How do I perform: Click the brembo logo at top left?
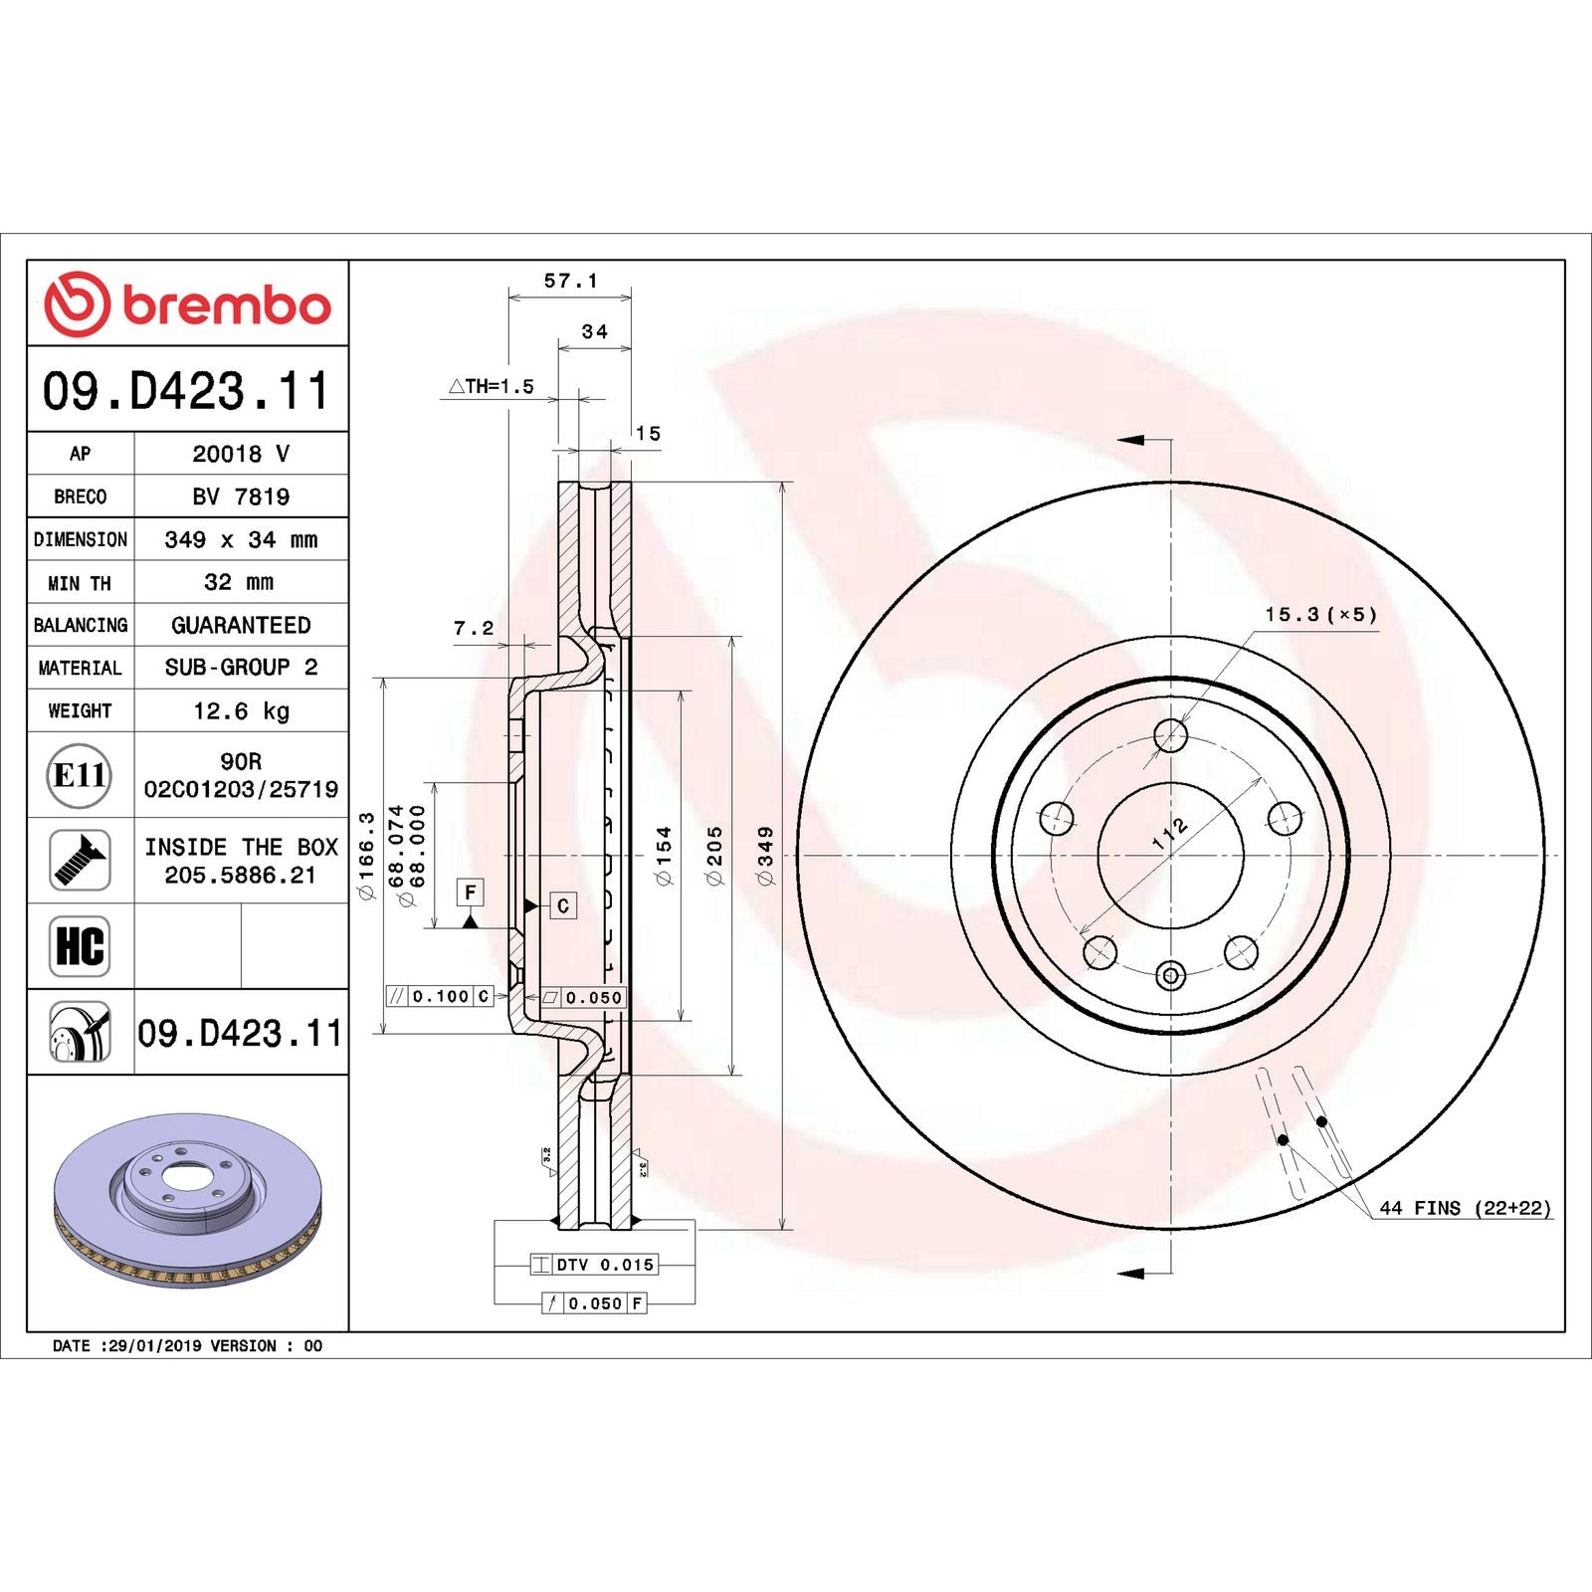point(187,303)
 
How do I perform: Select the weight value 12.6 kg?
point(241,710)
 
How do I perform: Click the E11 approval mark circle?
point(80,775)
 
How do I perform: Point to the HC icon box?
point(80,946)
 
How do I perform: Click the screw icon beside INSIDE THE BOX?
point(80,861)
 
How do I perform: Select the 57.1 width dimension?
point(570,282)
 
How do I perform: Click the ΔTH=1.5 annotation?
point(492,386)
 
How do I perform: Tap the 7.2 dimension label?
point(474,628)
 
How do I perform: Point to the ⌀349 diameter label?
point(765,855)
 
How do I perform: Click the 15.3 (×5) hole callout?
point(1320,615)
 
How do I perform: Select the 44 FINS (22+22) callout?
point(1464,1208)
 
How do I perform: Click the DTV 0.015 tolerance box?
point(594,1265)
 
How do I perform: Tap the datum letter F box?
point(471,892)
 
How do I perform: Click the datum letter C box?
point(563,905)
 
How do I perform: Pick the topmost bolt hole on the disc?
point(1170,736)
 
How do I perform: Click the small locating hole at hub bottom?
point(1170,975)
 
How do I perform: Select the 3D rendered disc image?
point(187,1199)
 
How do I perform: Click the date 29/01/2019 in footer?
point(154,1345)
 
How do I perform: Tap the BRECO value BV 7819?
point(241,497)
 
